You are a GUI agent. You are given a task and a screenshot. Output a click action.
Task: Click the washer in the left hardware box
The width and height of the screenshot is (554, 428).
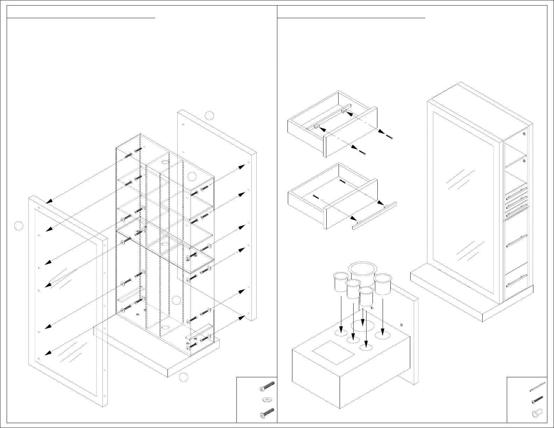[x=267, y=399]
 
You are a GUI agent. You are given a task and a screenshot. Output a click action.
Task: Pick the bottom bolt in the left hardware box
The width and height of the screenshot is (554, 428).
[x=267, y=413]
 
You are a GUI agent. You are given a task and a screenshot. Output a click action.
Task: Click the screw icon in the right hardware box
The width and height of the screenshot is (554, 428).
[x=537, y=400]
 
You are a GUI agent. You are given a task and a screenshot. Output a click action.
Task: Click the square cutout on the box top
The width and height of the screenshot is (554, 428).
[x=333, y=352]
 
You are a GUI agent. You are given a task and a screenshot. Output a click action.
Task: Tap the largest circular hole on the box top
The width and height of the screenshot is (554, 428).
[x=363, y=325]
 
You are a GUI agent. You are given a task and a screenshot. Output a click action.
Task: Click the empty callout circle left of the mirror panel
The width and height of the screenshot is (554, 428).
[x=19, y=226]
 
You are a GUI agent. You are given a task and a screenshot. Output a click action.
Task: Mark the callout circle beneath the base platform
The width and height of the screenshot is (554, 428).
[x=184, y=377]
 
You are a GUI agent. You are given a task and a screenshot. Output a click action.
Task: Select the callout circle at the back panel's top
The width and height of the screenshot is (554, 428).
[x=209, y=115]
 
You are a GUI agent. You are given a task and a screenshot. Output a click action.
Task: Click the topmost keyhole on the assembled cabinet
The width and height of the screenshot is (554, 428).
[x=524, y=134]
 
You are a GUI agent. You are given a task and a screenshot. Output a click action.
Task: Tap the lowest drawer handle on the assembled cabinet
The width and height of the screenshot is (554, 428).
[x=517, y=280]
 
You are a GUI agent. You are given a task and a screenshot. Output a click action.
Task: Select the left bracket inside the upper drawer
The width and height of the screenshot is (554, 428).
[x=317, y=127]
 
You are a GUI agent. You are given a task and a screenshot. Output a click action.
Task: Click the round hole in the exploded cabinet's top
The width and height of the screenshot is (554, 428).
[x=165, y=163]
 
